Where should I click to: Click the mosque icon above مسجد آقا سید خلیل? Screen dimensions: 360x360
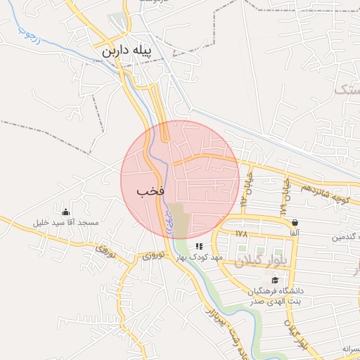click(66, 212)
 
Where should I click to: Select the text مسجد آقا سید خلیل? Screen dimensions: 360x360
click(66, 223)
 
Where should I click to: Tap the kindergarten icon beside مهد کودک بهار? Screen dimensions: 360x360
click(199, 247)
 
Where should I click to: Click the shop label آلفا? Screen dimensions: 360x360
click(295, 233)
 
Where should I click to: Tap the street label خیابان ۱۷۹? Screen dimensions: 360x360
click(286, 195)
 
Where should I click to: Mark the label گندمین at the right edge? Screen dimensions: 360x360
click(348, 238)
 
